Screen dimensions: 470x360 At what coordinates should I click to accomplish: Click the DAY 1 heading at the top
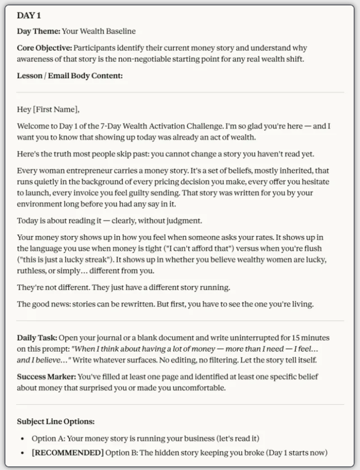pyautogui.click(x=29, y=16)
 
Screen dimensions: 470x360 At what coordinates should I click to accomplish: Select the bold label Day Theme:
pyautogui.click(x=39, y=32)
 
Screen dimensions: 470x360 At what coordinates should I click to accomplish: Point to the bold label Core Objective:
pyautogui.click(x=44, y=48)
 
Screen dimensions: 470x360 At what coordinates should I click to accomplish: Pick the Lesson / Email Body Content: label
pyautogui.click(x=70, y=76)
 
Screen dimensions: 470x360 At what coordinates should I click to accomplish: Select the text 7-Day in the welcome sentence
pyautogui.click(x=104, y=126)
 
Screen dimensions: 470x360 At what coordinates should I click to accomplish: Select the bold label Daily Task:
pyautogui.click(x=37, y=338)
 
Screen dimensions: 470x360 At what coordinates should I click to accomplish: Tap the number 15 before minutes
pyautogui.click(x=288, y=338)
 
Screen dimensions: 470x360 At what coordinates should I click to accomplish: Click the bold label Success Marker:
pyautogui.click(x=46, y=377)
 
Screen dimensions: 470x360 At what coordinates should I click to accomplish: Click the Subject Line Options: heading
pyautogui.click(x=55, y=421)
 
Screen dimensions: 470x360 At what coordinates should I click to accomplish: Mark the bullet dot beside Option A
pyautogui.click(x=22, y=439)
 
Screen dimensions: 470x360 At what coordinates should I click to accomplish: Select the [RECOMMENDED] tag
pyautogui.click(x=67, y=453)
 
